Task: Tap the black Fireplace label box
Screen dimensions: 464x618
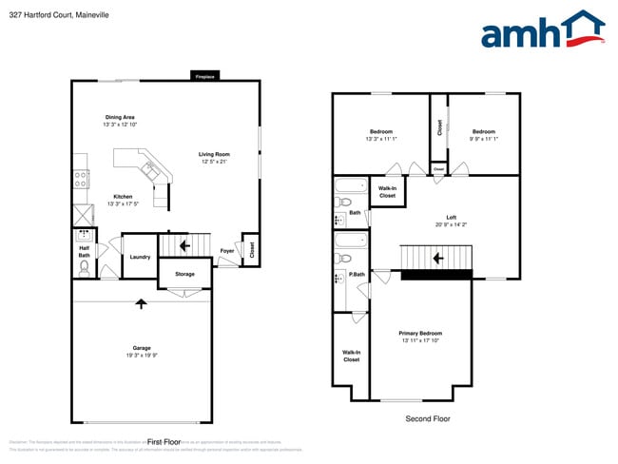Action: click(204, 76)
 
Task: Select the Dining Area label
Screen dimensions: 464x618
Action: click(120, 118)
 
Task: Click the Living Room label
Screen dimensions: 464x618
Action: click(214, 154)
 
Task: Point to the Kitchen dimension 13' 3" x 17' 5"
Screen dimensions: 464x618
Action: click(124, 203)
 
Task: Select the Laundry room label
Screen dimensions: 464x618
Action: click(139, 256)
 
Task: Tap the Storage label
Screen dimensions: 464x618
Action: click(184, 275)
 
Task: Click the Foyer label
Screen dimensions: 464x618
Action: click(226, 251)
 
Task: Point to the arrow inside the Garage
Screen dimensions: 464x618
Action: click(142, 303)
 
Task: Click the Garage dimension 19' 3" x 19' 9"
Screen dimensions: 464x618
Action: click(142, 355)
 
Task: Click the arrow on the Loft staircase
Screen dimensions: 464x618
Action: click(438, 258)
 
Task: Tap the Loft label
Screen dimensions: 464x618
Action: click(452, 217)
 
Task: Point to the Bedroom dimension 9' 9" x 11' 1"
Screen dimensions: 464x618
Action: click(483, 139)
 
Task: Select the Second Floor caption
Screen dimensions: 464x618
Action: click(428, 418)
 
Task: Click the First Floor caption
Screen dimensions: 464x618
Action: click(164, 442)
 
